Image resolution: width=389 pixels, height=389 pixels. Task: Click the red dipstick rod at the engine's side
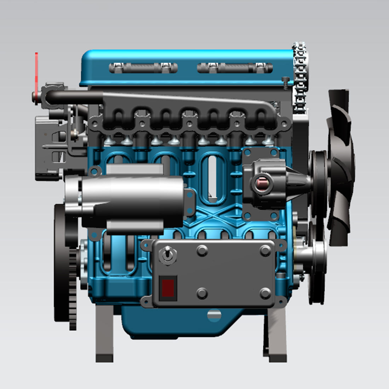(36, 71)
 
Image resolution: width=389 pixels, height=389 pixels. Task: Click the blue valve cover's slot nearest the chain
(235, 68)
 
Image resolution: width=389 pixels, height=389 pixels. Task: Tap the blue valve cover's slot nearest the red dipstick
(143, 68)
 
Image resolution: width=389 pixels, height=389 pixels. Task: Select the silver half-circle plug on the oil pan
(214, 315)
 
